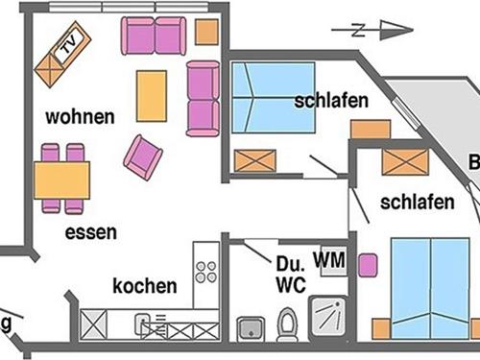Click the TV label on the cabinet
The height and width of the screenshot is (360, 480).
(x=67, y=45)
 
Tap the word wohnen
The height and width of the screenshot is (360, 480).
(x=80, y=118)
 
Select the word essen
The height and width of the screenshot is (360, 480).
(x=91, y=232)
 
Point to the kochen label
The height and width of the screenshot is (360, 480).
(x=144, y=285)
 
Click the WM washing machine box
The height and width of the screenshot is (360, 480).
(x=330, y=259)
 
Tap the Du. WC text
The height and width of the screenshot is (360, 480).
(x=290, y=275)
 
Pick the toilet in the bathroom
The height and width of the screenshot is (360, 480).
(x=286, y=324)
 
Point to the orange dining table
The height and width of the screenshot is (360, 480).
(x=62, y=179)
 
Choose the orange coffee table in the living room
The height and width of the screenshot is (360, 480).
(x=152, y=95)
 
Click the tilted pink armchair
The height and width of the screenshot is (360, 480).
(x=143, y=156)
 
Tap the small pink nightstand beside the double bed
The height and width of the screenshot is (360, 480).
(x=366, y=264)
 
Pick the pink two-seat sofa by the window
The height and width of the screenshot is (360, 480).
(x=154, y=36)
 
